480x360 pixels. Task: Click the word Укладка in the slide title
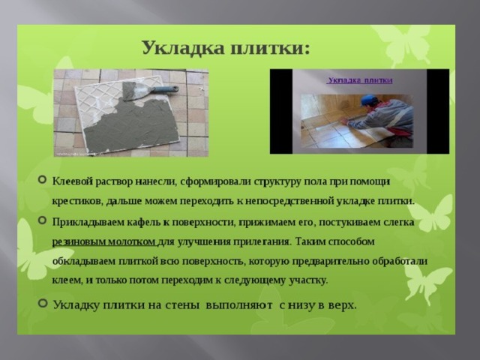point(183,48)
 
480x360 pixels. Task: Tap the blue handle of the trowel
point(165,89)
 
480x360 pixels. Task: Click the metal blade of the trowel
point(136,91)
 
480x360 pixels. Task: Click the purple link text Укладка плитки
point(359,80)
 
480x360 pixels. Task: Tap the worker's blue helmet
point(369,99)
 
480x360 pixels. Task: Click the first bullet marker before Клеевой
point(42,179)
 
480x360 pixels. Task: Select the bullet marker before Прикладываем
point(42,220)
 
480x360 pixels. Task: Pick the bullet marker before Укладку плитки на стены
point(43,303)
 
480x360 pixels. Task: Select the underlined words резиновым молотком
point(103,241)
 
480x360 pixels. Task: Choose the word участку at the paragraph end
point(308,280)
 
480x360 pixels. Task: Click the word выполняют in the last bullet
point(239,305)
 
